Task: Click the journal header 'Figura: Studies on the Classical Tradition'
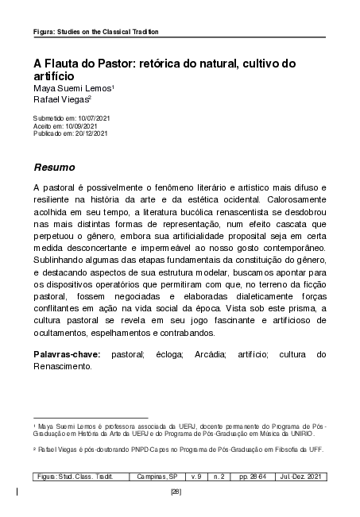(x=95, y=32)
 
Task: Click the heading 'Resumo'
(x=54, y=168)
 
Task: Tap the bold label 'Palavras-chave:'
(x=67, y=353)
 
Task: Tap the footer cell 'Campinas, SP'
(x=157, y=476)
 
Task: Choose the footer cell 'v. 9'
(x=197, y=476)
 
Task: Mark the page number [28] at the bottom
(x=176, y=492)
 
